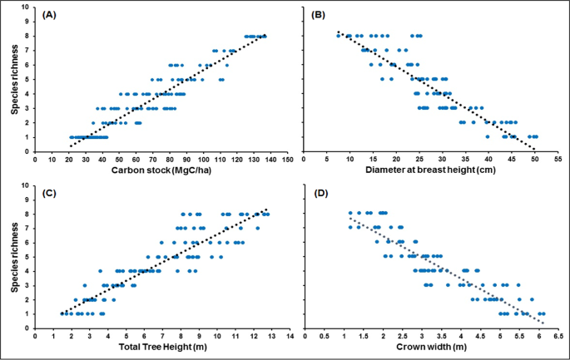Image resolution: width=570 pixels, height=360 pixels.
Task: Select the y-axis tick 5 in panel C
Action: pyautogui.click(x=27, y=257)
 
